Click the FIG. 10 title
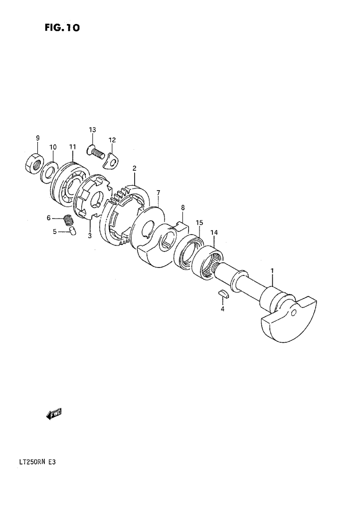coord(62,28)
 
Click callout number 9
coord(38,138)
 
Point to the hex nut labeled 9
coord(34,163)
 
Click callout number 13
coord(92,130)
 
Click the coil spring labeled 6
coord(68,220)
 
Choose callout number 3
coord(90,236)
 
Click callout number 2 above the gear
coord(134,169)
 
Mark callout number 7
coord(158,193)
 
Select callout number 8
coord(182,208)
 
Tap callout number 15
coord(199,223)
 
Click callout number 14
coord(214,233)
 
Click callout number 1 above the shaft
coord(272,270)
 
